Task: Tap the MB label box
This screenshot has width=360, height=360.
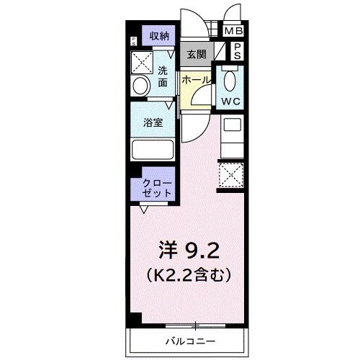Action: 233,31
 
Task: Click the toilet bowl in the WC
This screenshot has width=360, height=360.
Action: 231,78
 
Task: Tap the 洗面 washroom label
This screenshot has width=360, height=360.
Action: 163,77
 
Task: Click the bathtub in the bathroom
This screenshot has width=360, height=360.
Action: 153,150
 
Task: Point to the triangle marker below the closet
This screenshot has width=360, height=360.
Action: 145,210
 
